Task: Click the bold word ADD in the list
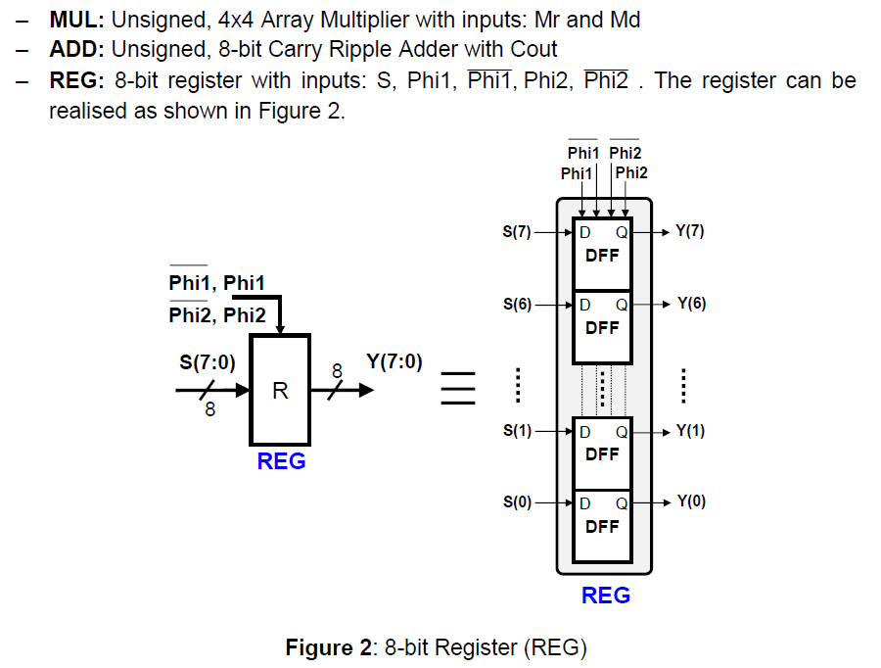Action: coord(77,49)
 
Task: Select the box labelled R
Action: coord(280,390)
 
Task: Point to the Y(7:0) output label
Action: coord(394,361)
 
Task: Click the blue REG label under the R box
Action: coord(281,461)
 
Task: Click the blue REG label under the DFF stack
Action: coord(605,596)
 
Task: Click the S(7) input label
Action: coord(517,233)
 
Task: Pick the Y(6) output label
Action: coord(691,304)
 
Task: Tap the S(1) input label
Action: coord(517,431)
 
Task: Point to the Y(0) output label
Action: coord(691,501)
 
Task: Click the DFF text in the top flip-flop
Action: coord(602,256)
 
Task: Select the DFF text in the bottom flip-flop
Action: coord(602,526)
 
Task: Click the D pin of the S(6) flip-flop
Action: coord(585,305)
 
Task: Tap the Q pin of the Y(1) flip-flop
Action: coord(621,431)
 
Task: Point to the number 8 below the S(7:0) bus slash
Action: coord(209,410)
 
